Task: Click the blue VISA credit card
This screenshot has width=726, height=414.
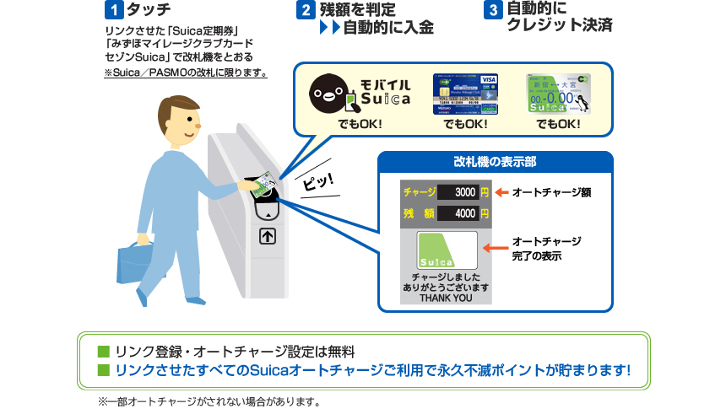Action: point(465,94)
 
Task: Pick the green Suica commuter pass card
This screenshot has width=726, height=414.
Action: point(558,94)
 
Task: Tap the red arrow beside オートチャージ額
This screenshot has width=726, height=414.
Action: point(501,192)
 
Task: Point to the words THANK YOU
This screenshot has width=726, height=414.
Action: point(446,298)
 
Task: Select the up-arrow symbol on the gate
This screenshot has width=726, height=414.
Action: point(268,236)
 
